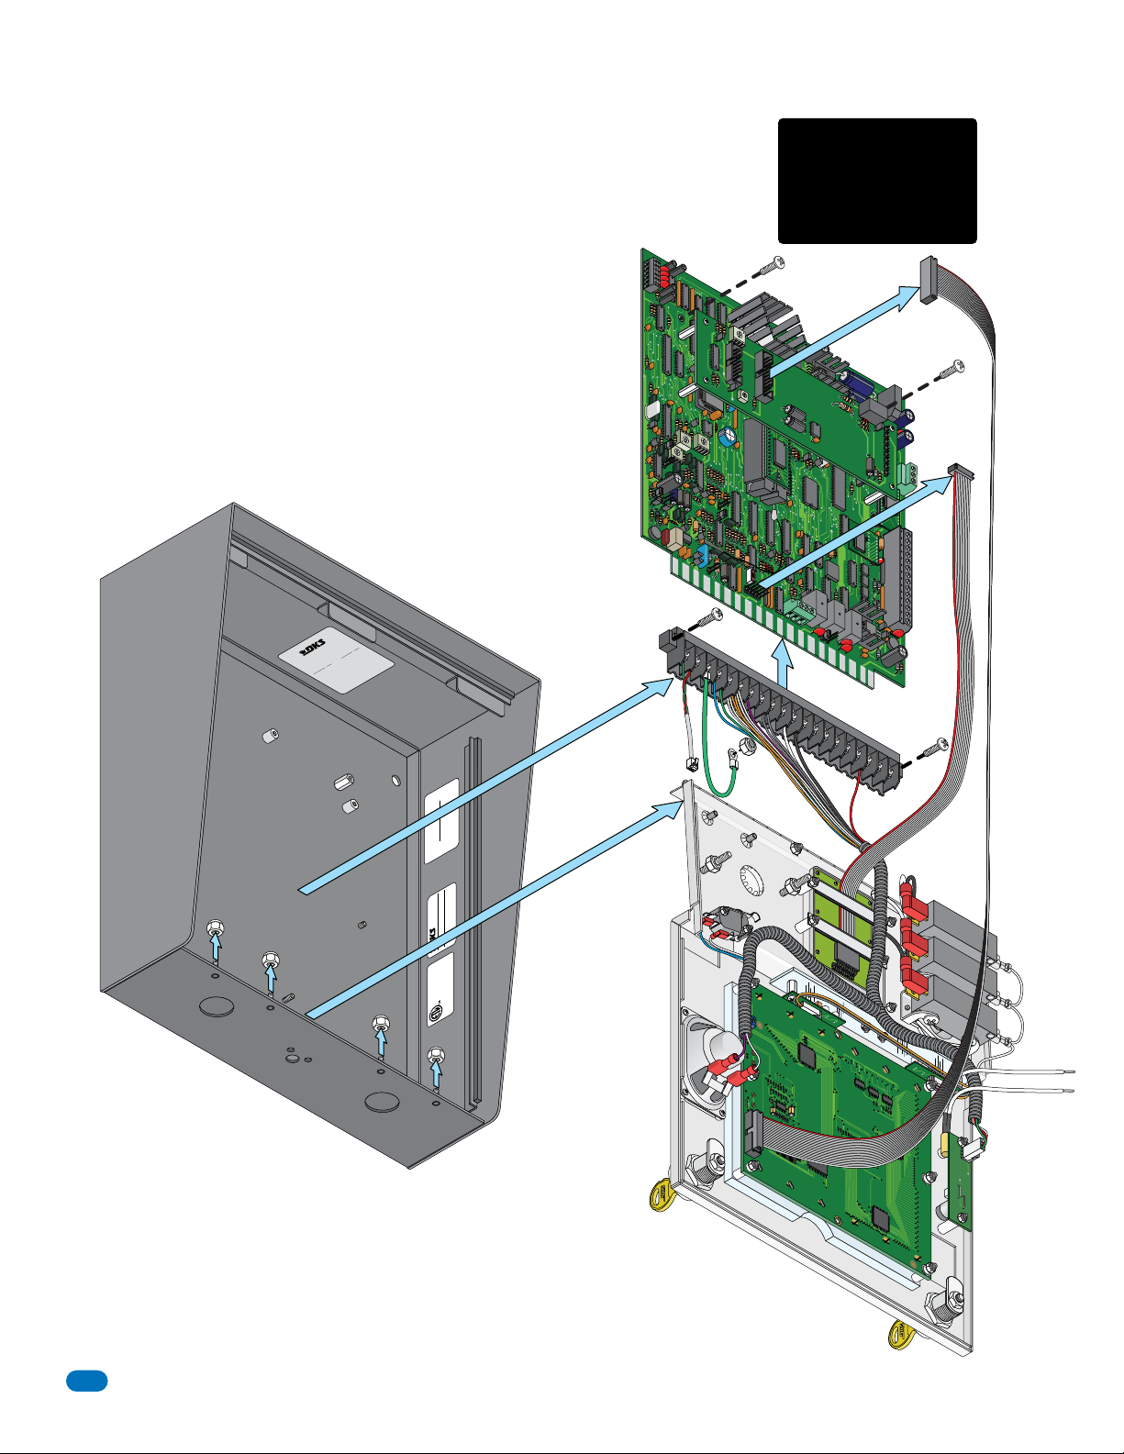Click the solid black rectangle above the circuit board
[877, 181]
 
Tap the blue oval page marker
[86, 1381]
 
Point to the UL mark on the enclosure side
[435, 1013]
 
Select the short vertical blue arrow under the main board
[781, 664]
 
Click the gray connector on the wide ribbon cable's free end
[928, 280]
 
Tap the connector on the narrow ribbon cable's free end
[962, 472]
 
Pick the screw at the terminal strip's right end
[934, 749]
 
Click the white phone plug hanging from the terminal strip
[691, 763]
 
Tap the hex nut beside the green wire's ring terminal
[748, 745]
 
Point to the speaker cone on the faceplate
[710, 1064]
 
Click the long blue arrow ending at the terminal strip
[486, 785]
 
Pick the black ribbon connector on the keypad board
[752, 1134]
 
